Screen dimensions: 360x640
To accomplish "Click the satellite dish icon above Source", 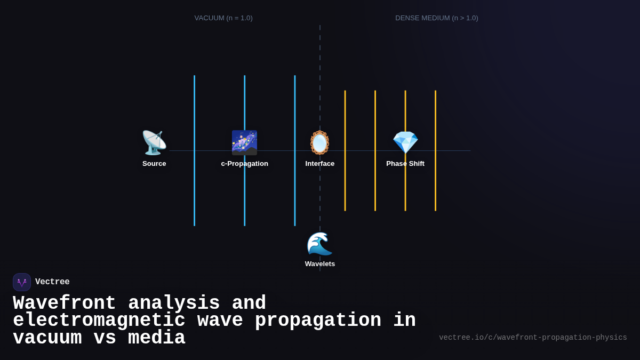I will tap(154, 143).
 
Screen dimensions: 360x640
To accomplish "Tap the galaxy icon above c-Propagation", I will tap(244, 143).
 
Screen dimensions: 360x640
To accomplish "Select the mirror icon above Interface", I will tap(320, 143).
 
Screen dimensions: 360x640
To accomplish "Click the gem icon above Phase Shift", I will tap(405, 143).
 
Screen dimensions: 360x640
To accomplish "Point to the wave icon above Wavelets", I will tap(320, 244).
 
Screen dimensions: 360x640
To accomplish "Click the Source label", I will tap(154, 164).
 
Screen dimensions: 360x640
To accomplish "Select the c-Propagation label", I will tap(245, 164).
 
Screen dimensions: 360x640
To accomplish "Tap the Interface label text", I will tap(320, 164).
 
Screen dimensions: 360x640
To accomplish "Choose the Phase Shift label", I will tap(405, 164).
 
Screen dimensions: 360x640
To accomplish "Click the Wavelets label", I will tap(320, 264).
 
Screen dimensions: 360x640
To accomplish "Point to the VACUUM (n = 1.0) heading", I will tap(223, 18).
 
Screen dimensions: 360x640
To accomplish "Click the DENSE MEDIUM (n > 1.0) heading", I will tap(437, 18).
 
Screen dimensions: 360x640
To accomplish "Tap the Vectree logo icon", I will tap(22, 282).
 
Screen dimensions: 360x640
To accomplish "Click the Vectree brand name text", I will tap(52, 282).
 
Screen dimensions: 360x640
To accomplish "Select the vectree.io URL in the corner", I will tap(533, 338).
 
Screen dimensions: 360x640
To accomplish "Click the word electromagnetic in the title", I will tap(99, 321).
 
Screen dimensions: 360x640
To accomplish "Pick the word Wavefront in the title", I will tap(65, 303).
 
